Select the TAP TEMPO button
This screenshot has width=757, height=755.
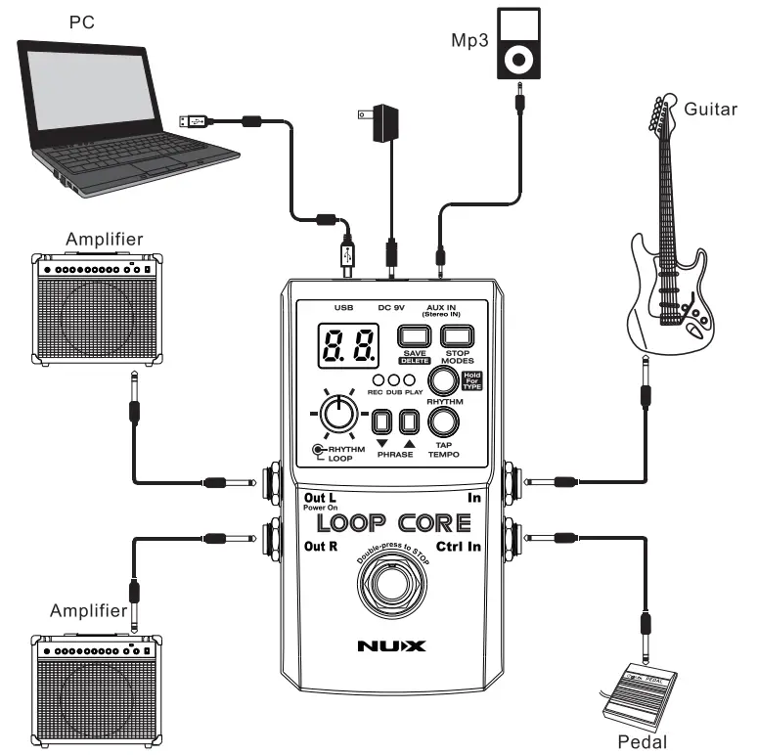(x=443, y=422)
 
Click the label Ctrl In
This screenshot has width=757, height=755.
(x=459, y=547)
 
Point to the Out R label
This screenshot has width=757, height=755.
(x=321, y=547)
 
